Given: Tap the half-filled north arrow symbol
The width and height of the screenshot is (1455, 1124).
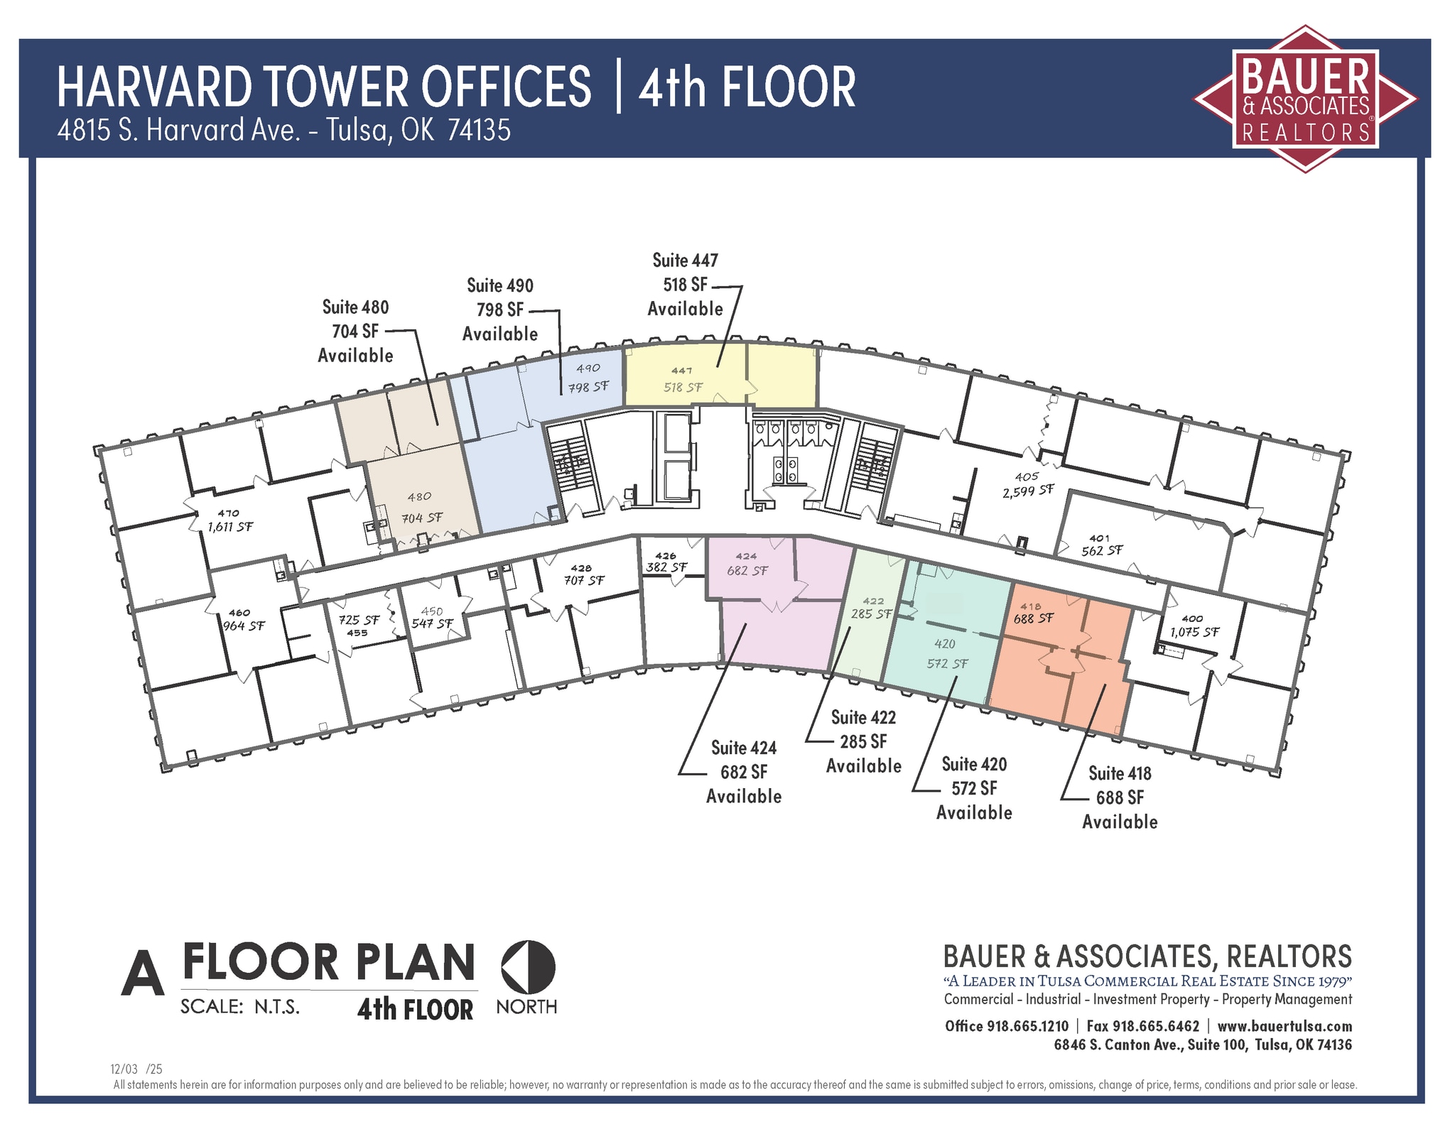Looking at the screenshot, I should [x=528, y=968].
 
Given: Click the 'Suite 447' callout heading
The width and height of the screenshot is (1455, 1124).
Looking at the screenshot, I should [x=685, y=261].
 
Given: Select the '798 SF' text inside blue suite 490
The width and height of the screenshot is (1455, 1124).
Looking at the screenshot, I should [x=588, y=387].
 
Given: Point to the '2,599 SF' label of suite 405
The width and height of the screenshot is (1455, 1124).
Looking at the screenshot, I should [x=1028, y=491].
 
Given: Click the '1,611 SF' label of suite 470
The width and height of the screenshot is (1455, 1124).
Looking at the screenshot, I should [x=229, y=527].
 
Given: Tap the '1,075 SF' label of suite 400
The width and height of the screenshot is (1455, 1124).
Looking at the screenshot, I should [x=1194, y=631].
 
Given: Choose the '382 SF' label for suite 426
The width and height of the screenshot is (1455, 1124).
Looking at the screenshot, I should [x=666, y=567].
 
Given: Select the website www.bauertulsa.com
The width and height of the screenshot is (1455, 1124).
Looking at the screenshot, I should [x=1284, y=1026].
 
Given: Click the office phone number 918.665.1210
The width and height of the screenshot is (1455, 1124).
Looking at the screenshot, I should [x=1027, y=1026].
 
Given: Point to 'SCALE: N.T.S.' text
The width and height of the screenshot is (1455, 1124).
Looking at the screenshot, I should [x=240, y=1007].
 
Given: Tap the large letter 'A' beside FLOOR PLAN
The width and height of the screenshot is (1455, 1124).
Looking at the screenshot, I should [x=142, y=970].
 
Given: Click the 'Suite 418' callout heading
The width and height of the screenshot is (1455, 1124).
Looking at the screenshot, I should [x=1120, y=773].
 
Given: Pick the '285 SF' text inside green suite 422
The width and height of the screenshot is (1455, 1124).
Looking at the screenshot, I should [x=871, y=613].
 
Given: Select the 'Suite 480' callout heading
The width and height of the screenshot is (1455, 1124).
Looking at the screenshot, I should [x=355, y=307].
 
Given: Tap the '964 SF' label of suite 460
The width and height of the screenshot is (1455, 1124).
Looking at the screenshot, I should [x=244, y=626].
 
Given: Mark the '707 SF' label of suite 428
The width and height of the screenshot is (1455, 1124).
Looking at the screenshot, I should [x=584, y=580].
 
